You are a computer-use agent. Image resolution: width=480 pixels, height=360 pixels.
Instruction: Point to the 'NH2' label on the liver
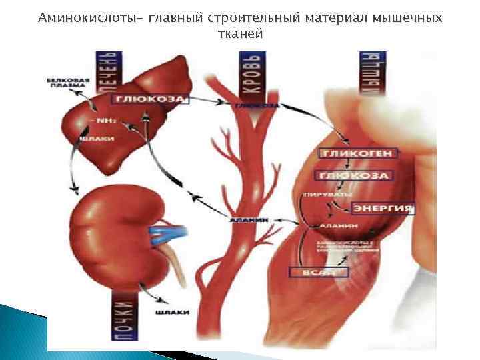[x=99, y=121]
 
